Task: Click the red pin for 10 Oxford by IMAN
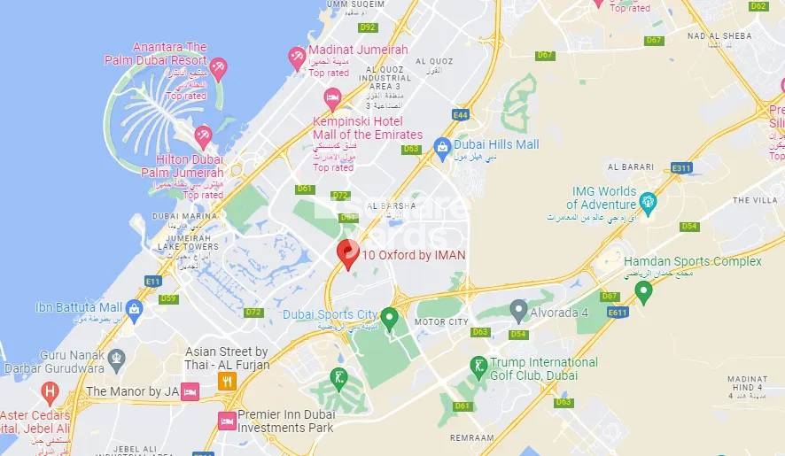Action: tap(348, 252)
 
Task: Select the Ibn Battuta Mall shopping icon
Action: tap(134, 309)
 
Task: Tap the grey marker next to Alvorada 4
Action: tap(519, 310)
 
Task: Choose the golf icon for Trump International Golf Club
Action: tap(478, 367)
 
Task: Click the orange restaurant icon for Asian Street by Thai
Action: tap(227, 381)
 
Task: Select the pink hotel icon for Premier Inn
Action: tap(227, 420)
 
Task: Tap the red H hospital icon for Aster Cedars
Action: tap(51, 390)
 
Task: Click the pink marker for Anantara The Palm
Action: tap(218, 68)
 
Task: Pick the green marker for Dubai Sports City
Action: tap(389, 315)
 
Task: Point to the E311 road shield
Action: tap(681, 166)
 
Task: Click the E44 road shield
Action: tap(460, 114)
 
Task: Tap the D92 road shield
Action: tap(369, 27)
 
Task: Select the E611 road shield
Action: tap(618, 312)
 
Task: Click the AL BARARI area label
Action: tap(630, 166)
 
